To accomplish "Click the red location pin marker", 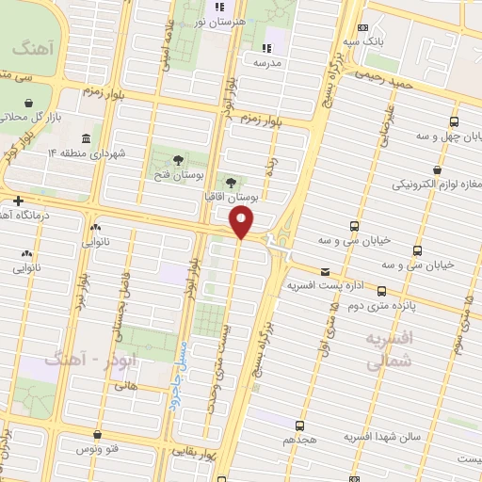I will click(x=242, y=223).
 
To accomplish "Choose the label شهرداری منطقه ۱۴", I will click(x=71, y=153).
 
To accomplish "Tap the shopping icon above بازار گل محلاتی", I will click(x=29, y=103).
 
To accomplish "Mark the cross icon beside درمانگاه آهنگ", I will click(x=18, y=201).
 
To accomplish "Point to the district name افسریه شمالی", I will click(x=394, y=347).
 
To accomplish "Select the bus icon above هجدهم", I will click(x=299, y=426).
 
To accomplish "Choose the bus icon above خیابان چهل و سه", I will click(x=455, y=122).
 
